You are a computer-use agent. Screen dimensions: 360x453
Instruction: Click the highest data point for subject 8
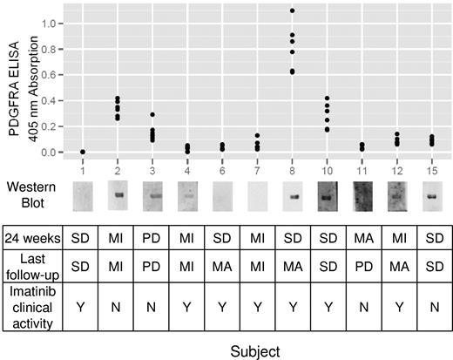pyautogui.click(x=292, y=11)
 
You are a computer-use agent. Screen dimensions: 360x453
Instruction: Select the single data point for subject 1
pyautogui.click(x=82, y=152)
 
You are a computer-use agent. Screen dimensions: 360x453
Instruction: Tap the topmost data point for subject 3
pyautogui.click(x=152, y=115)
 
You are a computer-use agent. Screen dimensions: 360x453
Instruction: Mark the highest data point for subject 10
pyautogui.click(x=328, y=98)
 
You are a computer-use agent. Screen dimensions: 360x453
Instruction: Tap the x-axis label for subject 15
pyautogui.click(x=432, y=166)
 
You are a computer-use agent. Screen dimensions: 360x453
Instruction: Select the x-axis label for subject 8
pyautogui.click(x=292, y=166)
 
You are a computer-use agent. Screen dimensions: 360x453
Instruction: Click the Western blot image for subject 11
pyautogui.click(x=362, y=195)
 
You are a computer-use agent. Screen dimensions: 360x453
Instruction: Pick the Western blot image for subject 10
pyautogui.click(x=328, y=195)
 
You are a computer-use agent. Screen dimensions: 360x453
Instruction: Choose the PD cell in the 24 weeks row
pyautogui.click(x=152, y=238)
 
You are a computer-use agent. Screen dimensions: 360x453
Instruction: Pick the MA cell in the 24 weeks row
pyautogui.click(x=362, y=238)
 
